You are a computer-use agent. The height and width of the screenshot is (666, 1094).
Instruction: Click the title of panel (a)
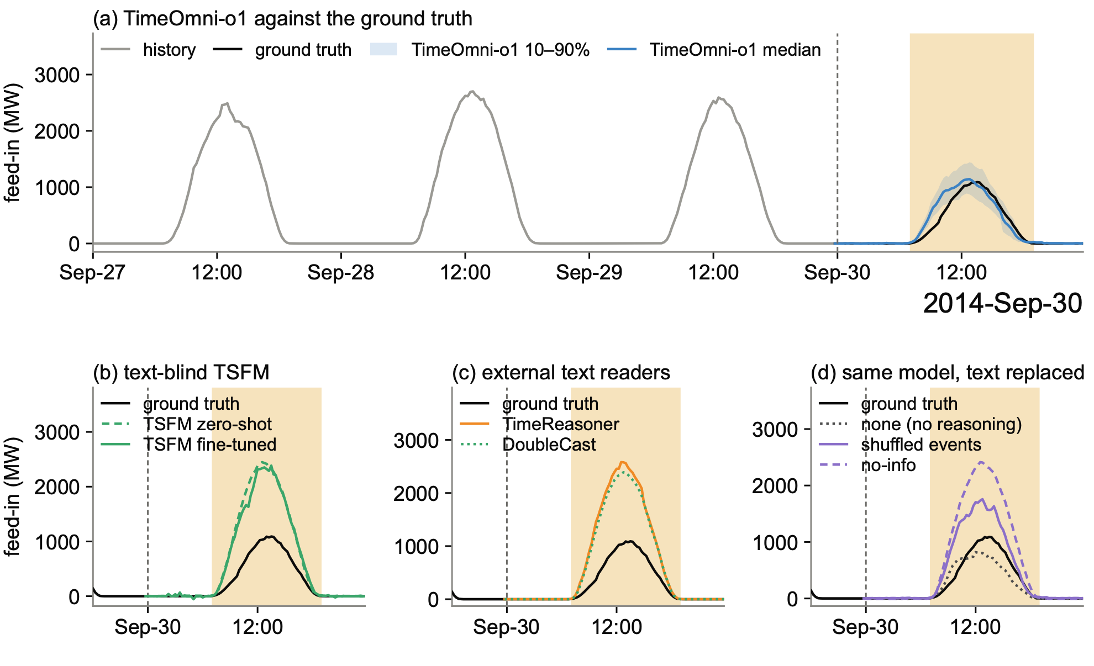tap(282, 19)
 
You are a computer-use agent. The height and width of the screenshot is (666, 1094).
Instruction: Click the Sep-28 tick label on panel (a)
tap(341, 272)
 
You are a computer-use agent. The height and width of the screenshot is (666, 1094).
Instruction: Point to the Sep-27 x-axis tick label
tap(92, 272)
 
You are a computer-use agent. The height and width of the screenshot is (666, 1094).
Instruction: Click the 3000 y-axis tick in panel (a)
tap(57, 75)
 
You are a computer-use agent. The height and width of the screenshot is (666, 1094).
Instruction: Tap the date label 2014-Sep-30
tap(1002, 304)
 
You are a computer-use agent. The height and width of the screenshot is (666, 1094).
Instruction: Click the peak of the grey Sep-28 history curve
tap(471, 91)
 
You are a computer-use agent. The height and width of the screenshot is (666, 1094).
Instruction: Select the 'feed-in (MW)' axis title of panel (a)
tap(12, 143)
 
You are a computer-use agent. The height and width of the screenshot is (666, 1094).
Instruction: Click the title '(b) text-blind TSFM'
tap(181, 373)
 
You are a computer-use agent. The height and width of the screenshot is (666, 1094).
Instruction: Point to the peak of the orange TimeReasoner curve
tap(622, 462)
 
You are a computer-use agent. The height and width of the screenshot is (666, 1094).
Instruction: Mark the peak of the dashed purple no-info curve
tap(981, 462)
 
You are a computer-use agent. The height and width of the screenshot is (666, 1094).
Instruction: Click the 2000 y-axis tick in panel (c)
tap(415, 493)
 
